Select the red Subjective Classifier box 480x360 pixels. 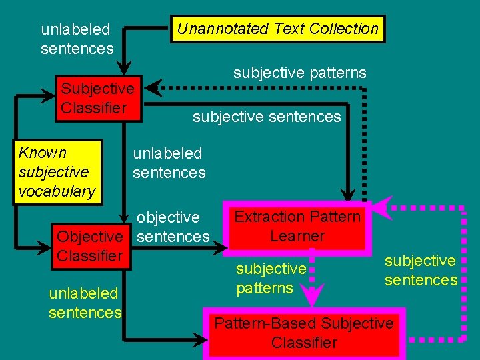tap(98, 99)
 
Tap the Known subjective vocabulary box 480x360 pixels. tap(57, 172)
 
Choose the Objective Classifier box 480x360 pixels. tap(90, 246)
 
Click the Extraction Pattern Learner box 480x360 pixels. tap(297, 227)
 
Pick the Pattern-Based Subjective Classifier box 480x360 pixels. tap(304, 333)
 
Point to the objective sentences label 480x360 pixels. tap(173, 227)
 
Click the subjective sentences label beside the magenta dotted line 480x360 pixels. tap(421, 270)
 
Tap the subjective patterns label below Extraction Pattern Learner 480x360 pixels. tap(271, 279)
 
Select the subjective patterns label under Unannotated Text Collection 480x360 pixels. tap(299, 73)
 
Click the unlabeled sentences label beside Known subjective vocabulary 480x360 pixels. tap(169, 163)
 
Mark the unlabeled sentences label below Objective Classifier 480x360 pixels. tap(85, 303)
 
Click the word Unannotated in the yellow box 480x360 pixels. tap(214, 29)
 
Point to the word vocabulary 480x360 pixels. tap(57, 191)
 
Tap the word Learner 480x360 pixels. tap(297, 236)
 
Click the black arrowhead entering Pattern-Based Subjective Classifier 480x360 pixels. tap(203, 341)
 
